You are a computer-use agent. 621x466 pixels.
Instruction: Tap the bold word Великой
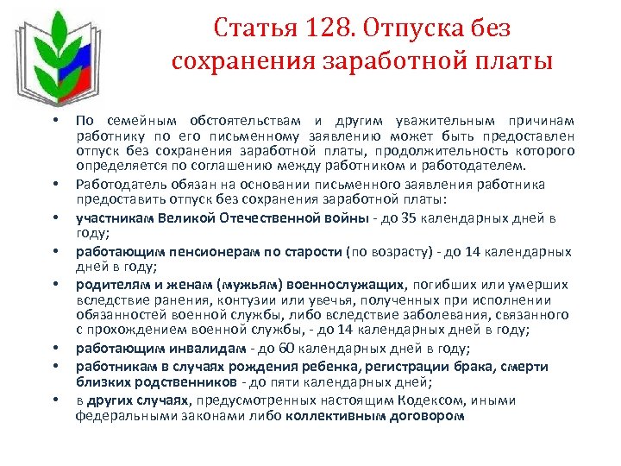pyautogui.click(x=182, y=217)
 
